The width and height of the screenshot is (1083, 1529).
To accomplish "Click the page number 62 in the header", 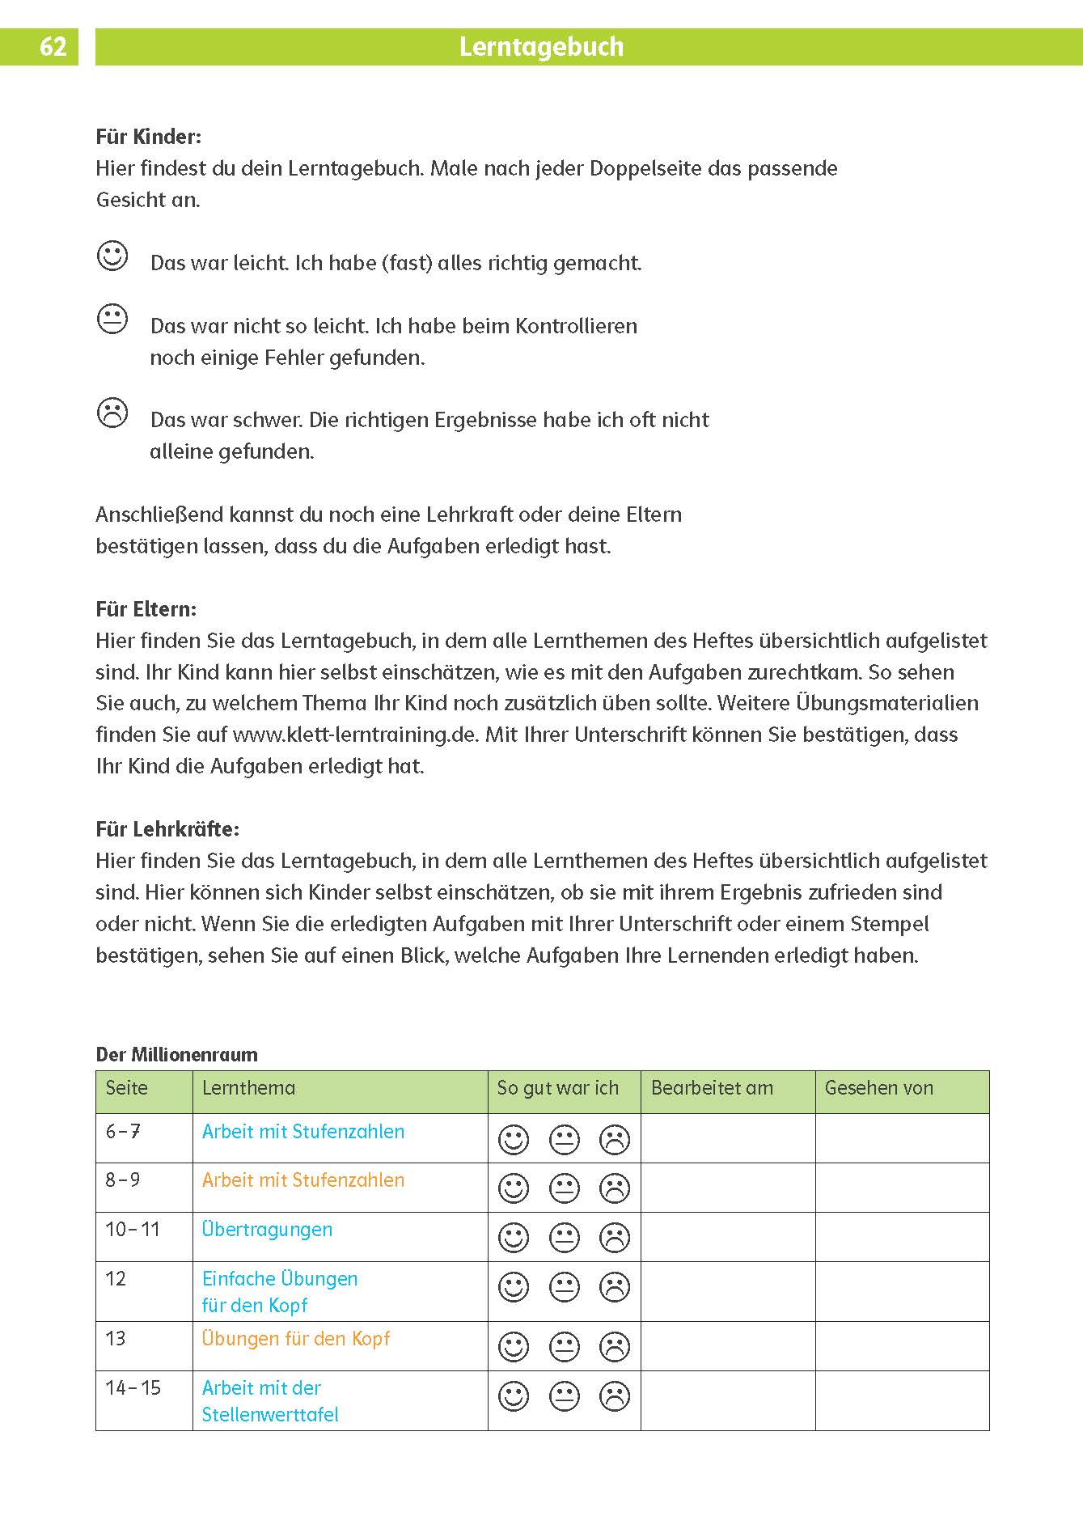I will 53,47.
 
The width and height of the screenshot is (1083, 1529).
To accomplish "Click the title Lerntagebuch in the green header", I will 541,47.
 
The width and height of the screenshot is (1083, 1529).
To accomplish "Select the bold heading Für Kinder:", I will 148,137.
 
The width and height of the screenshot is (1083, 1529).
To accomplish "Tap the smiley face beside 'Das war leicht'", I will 112,256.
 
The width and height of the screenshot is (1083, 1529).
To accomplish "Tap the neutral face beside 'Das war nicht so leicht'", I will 112,319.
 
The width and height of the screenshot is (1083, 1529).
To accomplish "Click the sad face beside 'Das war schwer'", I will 112,413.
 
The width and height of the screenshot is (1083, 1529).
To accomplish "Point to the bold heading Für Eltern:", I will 146,609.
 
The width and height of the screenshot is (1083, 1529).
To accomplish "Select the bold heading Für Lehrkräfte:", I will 167,829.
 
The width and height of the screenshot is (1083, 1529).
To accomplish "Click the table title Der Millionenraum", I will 176,1055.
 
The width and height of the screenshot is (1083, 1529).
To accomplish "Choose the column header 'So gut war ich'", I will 557,1089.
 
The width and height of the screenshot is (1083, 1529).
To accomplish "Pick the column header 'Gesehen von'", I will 878,1089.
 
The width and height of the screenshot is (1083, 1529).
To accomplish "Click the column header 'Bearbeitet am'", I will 712,1089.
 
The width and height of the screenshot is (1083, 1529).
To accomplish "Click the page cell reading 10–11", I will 133,1230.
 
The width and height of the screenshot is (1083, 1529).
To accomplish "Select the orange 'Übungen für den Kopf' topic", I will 295,1339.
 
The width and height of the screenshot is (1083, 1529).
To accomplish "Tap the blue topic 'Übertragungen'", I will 267,1230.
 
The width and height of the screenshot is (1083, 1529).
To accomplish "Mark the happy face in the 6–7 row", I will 514,1140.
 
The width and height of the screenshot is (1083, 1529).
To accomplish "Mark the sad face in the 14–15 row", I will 615,1396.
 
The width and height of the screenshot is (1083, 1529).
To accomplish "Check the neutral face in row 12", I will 565,1287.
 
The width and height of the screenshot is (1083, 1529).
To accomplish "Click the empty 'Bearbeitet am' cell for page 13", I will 727,1346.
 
